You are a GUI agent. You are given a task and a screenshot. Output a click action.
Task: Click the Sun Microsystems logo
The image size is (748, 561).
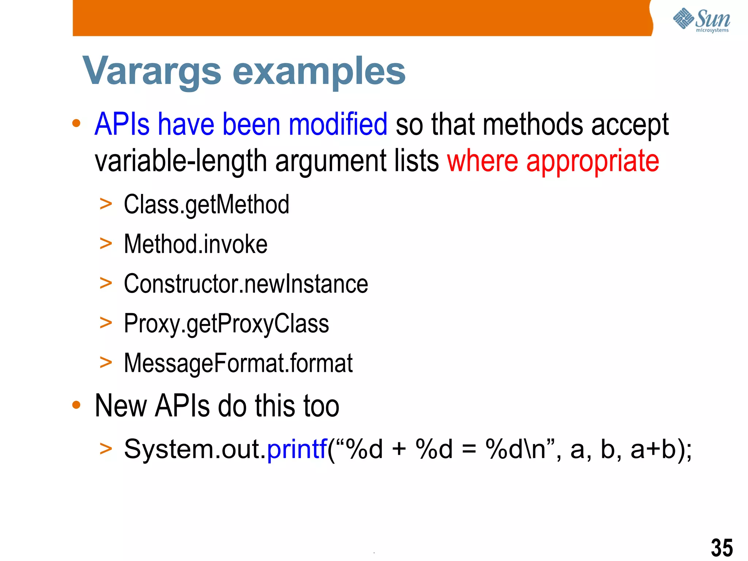pos(701,20)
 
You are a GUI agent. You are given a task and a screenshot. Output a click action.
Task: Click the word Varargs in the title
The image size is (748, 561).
pos(152,71)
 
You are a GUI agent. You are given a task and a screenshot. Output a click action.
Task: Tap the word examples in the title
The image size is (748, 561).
pos(319,72)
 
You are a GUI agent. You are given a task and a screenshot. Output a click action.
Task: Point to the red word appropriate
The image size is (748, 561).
pos(592,161)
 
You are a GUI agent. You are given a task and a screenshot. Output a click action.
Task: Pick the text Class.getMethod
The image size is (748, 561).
pos(206,205)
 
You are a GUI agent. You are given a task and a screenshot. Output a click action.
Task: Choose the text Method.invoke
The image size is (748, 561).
pos(195,244)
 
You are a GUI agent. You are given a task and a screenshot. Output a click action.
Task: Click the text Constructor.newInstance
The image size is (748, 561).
pos(246,284)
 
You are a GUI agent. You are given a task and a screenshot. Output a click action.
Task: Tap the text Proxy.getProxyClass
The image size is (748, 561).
pos(226,324)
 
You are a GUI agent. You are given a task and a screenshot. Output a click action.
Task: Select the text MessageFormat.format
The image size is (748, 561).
pos(238,363)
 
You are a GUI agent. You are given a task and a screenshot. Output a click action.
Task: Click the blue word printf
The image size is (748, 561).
pos(297,449)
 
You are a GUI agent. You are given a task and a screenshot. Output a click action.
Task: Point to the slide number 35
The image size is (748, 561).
pos(722,547)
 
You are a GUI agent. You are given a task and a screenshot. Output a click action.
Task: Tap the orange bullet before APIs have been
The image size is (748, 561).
pos(76,123)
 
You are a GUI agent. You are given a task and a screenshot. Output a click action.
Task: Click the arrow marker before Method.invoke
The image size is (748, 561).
pos(106,244)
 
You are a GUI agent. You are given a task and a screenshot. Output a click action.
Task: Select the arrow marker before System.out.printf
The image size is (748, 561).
pos(106,449)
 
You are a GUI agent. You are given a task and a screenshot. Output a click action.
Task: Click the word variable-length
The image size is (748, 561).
pos(181,161)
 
